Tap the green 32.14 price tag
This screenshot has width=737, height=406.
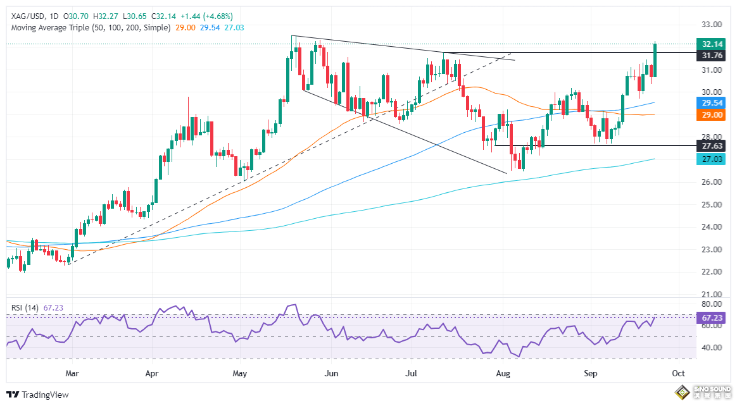(709, 44)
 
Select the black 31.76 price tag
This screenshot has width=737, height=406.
(709, 56)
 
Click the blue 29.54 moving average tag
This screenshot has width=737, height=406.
(709, 102)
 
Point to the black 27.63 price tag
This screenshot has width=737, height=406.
(709, 145)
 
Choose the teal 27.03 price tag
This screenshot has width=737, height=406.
(709, 159)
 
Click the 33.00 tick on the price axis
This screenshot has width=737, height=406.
(712, 25)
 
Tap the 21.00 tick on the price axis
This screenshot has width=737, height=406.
(712, 295)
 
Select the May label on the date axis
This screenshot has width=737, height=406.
(239, 373)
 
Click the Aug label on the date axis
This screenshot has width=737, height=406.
(503, 373)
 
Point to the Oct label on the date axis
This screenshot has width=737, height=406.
(678, 373)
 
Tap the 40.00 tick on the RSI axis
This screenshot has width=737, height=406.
(712, 348)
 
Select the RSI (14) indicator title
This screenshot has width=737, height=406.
(25, 307)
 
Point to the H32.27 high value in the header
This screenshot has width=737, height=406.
(110, 16)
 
